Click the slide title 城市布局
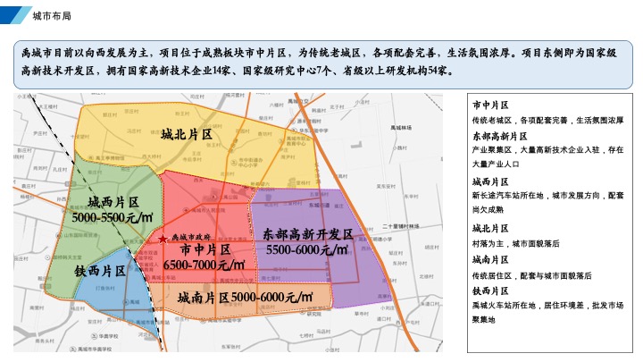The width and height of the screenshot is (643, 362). (52, 17)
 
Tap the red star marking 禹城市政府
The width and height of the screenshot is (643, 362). (162, 240)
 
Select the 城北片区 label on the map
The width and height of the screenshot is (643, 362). (186, 135)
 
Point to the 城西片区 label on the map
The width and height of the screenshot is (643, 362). (104, 202)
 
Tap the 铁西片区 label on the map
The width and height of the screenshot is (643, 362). (99, 271)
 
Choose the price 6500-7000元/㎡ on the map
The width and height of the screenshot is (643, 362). (205, 265)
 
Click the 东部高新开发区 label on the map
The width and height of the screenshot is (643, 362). (308, 234)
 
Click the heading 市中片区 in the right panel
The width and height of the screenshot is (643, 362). (490, 105)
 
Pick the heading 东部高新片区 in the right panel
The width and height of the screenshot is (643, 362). (495, 136)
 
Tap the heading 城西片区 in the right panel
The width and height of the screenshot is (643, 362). (490, 181)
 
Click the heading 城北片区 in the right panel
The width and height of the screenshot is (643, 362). (490, 228)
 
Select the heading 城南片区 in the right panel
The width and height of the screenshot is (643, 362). (490, 259)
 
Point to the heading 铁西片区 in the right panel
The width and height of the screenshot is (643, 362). (490, 290)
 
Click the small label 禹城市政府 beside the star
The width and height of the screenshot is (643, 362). (188, 239)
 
